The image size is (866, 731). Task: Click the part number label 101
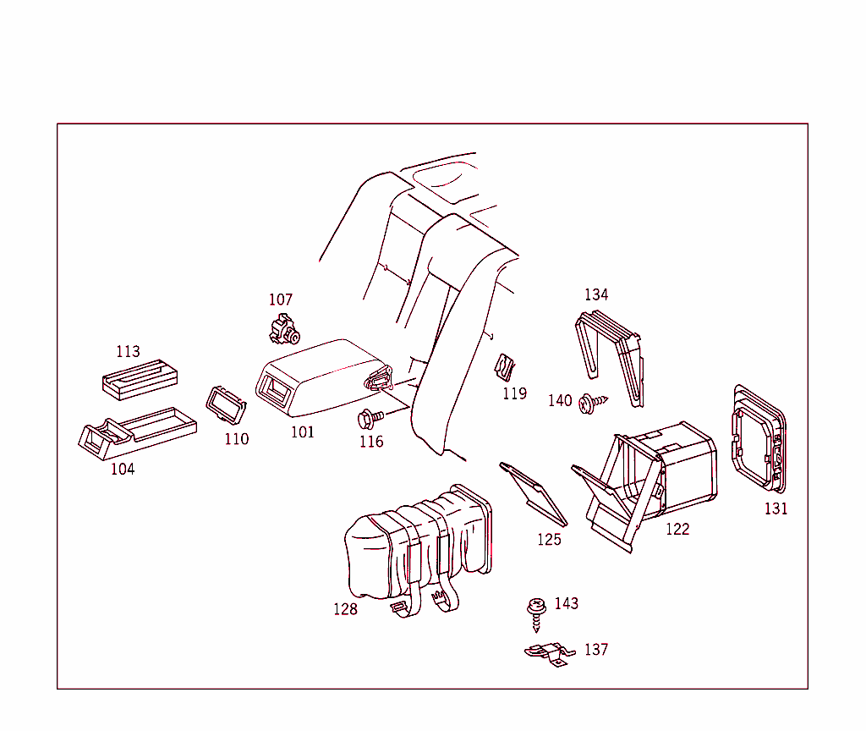tap(303, 432)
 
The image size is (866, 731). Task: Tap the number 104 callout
tap(123, 469)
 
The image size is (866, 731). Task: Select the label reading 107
tap(281, 300)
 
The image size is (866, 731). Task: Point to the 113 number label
tap(129, 351)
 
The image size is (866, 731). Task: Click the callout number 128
tap(345, 609)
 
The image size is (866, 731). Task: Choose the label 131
tap(776, 508)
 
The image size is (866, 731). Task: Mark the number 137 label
tap(596, 650)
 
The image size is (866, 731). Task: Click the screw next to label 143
tap(535, 611)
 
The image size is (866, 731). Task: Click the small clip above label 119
tap(505, 367)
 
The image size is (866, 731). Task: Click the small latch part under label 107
tap(284, 329)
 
